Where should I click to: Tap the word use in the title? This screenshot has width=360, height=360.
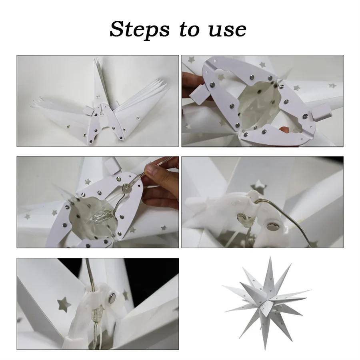coord(227,29)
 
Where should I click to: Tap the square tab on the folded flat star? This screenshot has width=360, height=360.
coord(88,109)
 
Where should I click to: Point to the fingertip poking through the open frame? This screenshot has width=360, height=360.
coord(284,130)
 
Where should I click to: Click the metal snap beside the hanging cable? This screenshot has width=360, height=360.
coord(112,297)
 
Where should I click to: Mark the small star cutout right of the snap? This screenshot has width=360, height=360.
coord(126,295)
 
